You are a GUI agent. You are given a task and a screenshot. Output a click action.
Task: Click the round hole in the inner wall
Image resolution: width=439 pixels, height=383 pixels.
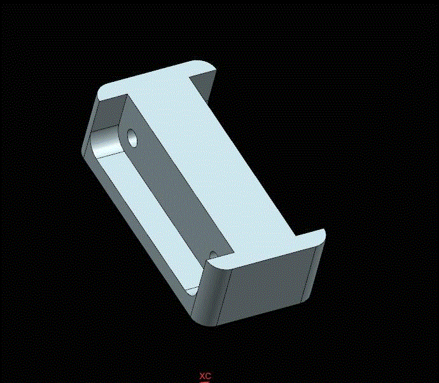pyautogui.click(x=132, y=138)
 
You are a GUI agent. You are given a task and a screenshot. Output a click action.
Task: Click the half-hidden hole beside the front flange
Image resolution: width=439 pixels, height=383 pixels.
pyautogui.click(x=213, y=255)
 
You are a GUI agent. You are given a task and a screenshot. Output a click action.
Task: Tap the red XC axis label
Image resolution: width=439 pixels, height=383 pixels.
pyautogui.click(x=206, y=376)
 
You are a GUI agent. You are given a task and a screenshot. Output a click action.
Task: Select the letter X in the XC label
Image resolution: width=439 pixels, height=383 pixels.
pyautogui.click(x=202, y=376)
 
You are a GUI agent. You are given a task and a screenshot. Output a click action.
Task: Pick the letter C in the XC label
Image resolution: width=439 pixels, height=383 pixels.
pyautogui.click(x=208, y=376)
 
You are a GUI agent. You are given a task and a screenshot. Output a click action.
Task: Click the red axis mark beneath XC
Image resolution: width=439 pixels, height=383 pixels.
pyautogui.click(x=206, y=382)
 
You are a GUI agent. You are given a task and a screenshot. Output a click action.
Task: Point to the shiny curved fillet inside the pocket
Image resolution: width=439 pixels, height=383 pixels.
pyautogui.click(x=106, y=142)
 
